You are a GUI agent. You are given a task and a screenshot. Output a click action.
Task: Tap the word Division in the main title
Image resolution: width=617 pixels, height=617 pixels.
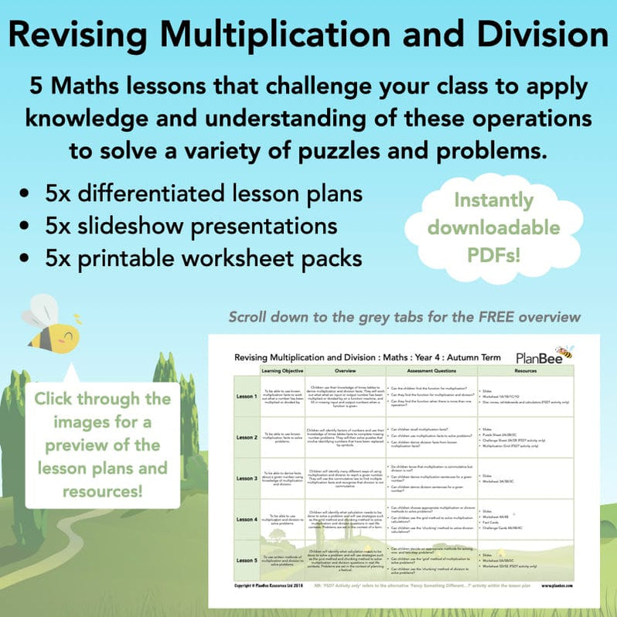(x=536, y=36)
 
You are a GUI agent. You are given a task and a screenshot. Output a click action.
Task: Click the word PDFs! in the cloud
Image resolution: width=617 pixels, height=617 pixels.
(x=494, y=254)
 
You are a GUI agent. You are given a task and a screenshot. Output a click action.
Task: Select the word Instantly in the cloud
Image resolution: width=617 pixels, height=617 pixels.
(x=494, y=201)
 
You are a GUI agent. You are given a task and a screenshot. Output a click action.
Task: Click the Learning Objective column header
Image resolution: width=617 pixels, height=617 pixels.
(x=282, y=372)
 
